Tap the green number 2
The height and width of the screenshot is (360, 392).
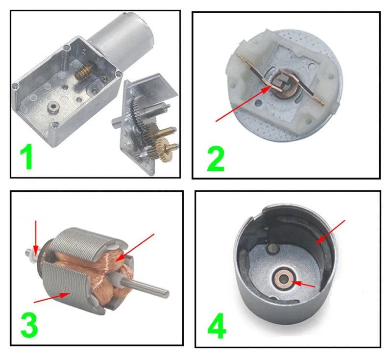[x=216, y=159]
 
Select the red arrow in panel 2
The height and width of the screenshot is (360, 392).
[x=244, y=103]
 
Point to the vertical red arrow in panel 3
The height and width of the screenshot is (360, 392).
[x=36, y=238]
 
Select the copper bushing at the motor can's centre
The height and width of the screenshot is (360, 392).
[x=284, y=278]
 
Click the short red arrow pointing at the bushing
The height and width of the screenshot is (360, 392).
[x=304, y=284]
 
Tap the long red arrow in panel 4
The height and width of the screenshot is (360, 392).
[x=330, y=232]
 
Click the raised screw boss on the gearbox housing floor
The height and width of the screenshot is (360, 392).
[x=52, y=107]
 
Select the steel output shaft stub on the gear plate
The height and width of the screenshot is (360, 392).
[x=117, y=123]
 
